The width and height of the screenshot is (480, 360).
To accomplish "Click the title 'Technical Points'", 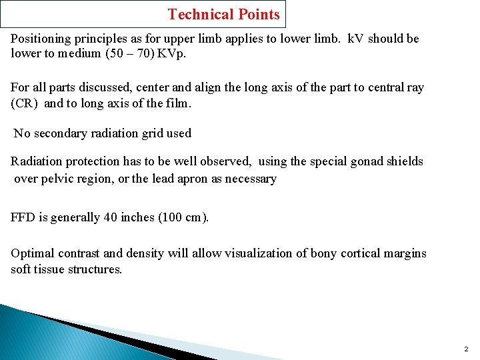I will click(x=224, y=14).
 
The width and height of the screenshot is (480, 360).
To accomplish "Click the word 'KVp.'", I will click(x=171, y=53).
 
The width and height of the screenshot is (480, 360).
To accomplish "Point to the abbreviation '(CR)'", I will click(x=25, y=103).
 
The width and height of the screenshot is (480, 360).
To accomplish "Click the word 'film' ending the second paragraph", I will click(x=178, y=103).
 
